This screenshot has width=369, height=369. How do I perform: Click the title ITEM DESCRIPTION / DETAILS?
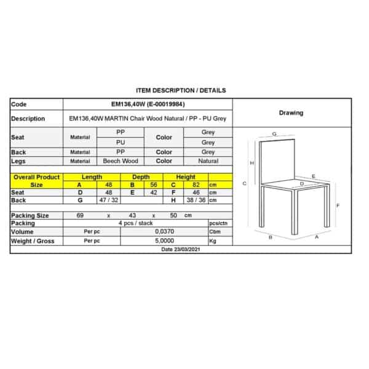pyautogui.click(x=180, y=90)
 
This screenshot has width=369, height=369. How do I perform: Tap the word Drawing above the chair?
pyautogui.click(x=291, y=113)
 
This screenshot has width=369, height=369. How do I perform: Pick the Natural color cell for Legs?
pyautogui.click(x=208, y=161)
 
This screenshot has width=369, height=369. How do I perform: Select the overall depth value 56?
pyautogui.click(x=154, y=184)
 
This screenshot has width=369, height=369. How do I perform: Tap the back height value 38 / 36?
pyautogui.click(x=191, y=200)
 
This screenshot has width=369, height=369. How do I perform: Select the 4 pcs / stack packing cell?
pyautogui.click(x=135, y=223)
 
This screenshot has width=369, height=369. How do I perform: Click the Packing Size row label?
pyautogui.click(x=30, y=216)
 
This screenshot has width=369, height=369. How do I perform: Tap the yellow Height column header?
pyautogui.click(x=186, y=177)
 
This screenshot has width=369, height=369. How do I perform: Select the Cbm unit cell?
pyautogui.click(x=215, y=232)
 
